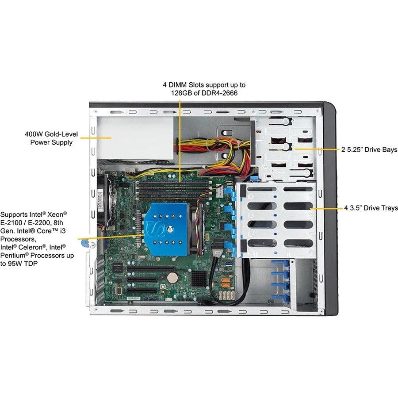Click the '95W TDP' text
[25, 264]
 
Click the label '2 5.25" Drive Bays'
[369, 149]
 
